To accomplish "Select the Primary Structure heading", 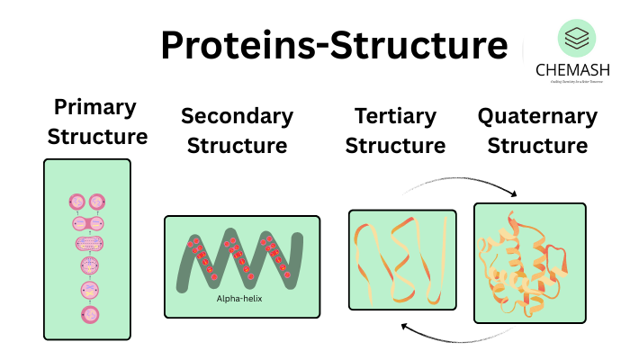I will tap(96, 122).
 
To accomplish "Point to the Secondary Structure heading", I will tap(237, 130).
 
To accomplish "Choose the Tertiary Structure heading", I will tap(395, 130).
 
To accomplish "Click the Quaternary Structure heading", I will tap(536, 130).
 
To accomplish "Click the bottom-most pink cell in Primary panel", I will tap(90, 315).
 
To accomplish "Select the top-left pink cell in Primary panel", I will tap(78, 202).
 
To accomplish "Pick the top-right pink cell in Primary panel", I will tap(99, 202).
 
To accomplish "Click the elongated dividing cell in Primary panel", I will tap(89, 244).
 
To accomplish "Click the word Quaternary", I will tap(536, 116).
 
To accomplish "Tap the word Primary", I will tap(95, 108).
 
